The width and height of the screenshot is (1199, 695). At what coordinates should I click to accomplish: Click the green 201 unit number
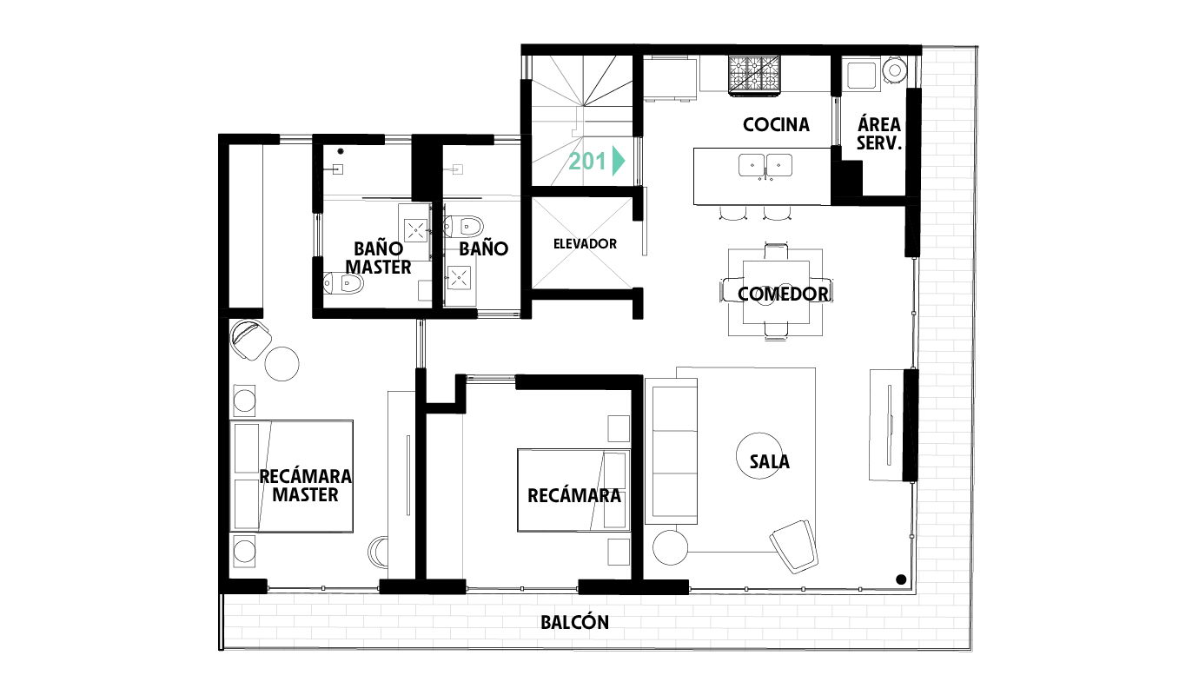587,161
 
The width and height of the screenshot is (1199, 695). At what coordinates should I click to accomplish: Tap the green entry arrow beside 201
619,161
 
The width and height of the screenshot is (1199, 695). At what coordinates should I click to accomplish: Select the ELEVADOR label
585,244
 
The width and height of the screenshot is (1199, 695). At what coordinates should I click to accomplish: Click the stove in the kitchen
753,76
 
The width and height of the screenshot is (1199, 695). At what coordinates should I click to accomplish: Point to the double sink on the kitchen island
765,166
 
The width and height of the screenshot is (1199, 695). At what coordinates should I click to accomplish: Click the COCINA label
776,124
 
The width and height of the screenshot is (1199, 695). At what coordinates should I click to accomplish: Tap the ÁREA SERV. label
879,134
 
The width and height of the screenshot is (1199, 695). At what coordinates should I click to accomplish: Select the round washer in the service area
895,69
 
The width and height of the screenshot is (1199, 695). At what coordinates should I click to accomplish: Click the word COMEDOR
783,294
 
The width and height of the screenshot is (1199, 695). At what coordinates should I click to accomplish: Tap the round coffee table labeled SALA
759,456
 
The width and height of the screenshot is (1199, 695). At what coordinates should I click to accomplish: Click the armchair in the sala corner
794,546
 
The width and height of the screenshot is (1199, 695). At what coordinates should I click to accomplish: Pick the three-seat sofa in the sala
672,451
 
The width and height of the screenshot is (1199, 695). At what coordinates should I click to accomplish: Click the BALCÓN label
574,622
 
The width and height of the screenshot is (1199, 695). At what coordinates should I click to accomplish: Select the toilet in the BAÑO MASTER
343,283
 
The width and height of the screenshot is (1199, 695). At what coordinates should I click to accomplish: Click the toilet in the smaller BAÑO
464,227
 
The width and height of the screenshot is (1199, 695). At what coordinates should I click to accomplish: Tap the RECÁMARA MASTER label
305,486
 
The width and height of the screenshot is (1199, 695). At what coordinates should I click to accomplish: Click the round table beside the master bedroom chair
282,364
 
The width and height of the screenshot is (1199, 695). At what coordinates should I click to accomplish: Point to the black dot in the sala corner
901,579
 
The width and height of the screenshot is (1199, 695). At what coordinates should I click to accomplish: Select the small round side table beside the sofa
670,547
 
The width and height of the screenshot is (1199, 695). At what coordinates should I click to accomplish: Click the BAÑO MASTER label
378,258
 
